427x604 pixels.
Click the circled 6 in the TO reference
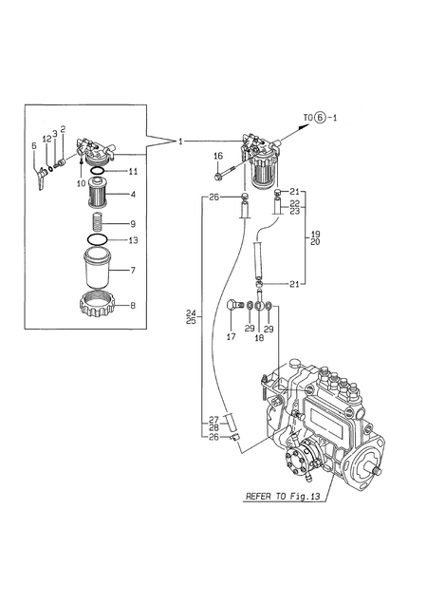tap(320, 117)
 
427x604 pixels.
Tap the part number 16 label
tap(218, 156)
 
